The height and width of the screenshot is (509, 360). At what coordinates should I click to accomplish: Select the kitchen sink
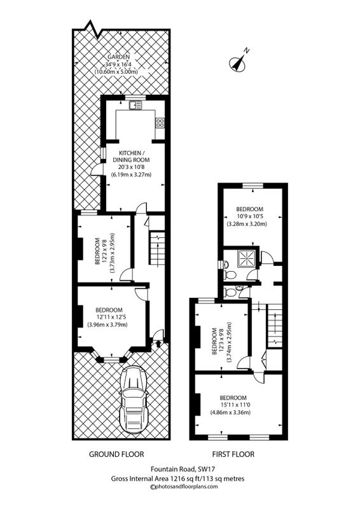pyautogui.click(x=135, y=105)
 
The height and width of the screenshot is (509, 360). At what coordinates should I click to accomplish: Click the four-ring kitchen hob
pyautogui.click(x=160, y=122)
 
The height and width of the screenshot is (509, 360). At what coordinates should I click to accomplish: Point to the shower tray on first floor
pyautogui.click(x=247, y=258)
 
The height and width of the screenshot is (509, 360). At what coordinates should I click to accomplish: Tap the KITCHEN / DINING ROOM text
pyautogui.click(x=131, y=156)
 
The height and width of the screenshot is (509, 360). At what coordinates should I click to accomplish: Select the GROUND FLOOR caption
pyautogui.click(x=116, y=454)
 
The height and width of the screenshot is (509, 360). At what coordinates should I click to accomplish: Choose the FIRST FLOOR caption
pyautogui.click(x=233, y=454)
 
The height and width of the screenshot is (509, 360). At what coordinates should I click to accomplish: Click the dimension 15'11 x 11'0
pyautogui.click(x=233, y=405)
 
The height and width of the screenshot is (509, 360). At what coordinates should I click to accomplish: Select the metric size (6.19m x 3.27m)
pyautogui.click(x=132, y=174)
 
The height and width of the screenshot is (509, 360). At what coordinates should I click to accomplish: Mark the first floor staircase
pyautogui.click(x=275, y=326)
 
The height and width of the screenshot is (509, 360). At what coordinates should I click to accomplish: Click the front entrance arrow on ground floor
pyautogui.click(x=158, y=344)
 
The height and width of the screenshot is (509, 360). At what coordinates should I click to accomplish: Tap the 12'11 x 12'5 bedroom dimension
pyautogui.click(x=109, y=317)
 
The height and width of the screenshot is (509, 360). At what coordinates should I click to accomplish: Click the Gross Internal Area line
pyautogui.click(x=177, y=478)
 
